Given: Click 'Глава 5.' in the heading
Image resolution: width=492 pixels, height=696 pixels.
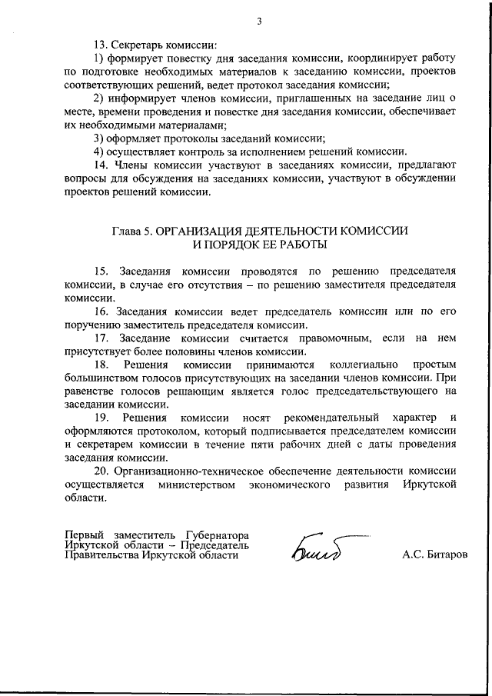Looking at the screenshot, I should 132,231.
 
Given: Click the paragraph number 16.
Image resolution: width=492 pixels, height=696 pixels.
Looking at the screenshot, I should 101,311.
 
